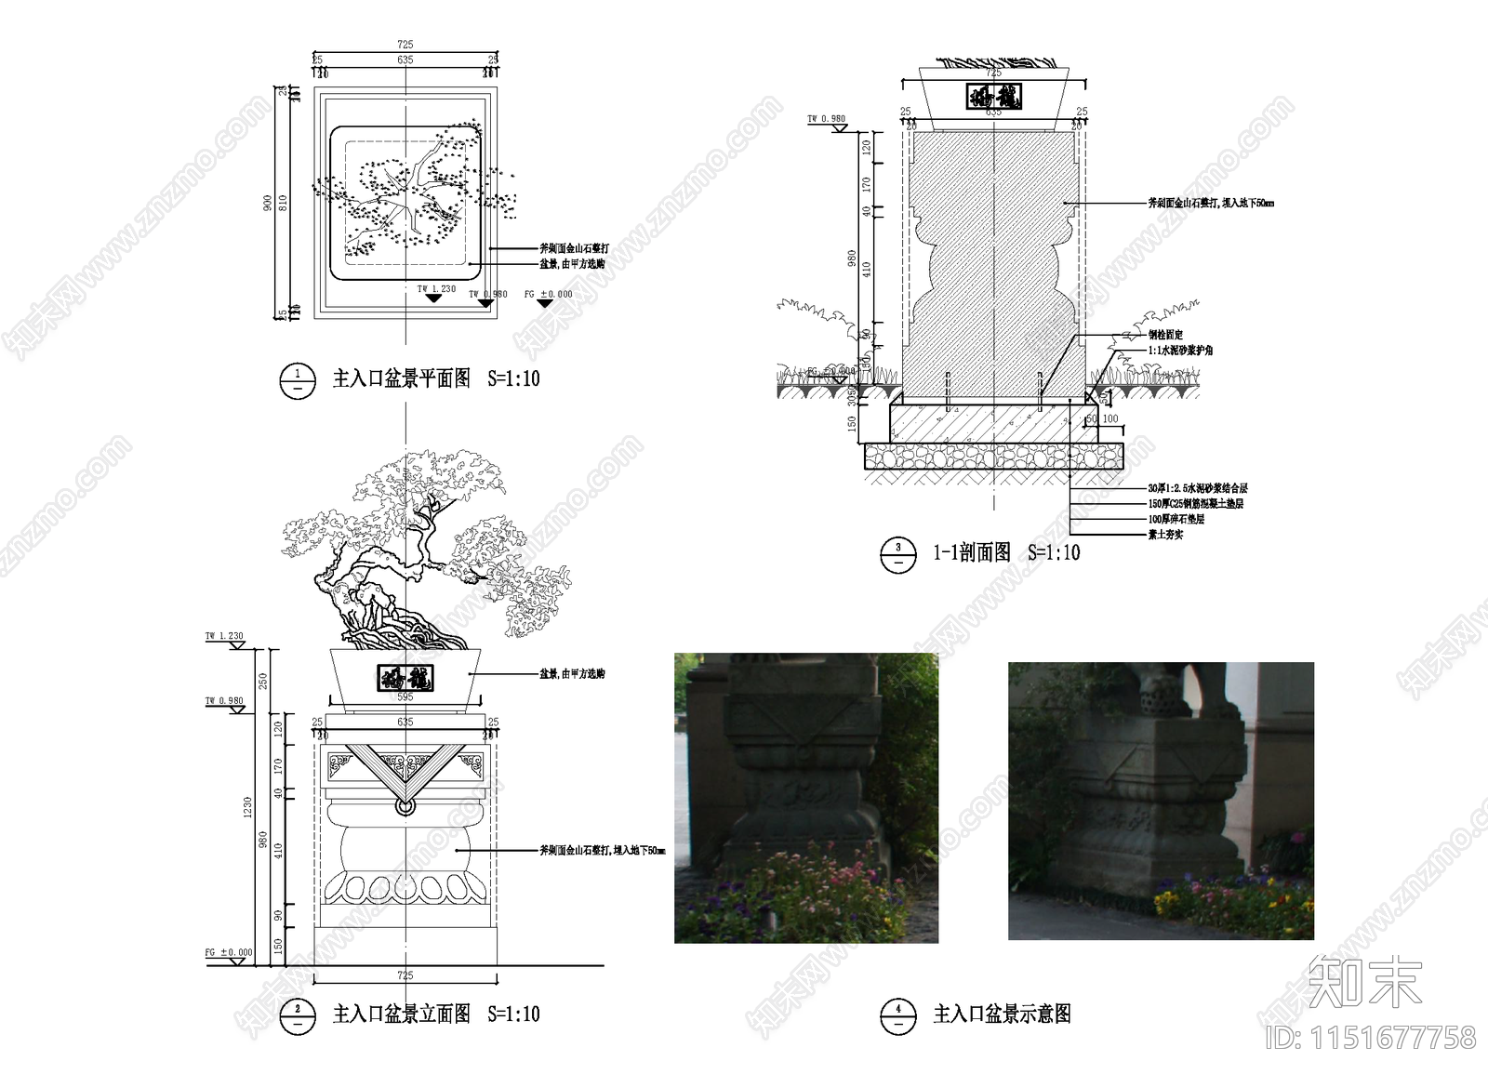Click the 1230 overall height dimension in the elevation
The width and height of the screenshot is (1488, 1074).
click(247, 807)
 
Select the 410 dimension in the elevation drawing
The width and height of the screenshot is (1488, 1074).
click(278, 850)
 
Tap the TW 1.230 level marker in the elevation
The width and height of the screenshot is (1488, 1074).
click(224, 637)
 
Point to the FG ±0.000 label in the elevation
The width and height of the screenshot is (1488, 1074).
click(229, 952)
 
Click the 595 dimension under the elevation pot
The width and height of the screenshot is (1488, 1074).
click(405, 696)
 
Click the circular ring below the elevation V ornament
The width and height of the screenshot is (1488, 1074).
click(405, 806)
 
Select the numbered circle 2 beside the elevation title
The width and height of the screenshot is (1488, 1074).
click(298, 1014)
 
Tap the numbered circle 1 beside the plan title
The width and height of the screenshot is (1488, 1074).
click(298, 379)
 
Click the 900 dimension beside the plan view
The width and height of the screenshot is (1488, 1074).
click(268, 202)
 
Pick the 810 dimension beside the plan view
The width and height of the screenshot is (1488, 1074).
click(284, 202)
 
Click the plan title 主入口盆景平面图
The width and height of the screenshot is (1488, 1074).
click(402, 378)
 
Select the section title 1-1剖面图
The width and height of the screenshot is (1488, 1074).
click(972, 552)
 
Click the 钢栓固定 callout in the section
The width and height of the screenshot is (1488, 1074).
click(1164, 335)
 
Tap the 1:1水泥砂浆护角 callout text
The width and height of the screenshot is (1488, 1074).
click(1179, 351)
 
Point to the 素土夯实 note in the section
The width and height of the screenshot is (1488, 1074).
click(1165, 535)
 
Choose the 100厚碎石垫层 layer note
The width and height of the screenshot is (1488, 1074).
click(1176, 519)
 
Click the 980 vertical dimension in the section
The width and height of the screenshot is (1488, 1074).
click(852, 258)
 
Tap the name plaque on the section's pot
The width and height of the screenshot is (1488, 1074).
click(994, 96)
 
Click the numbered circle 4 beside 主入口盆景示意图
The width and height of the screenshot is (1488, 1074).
click(897, 1014)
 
